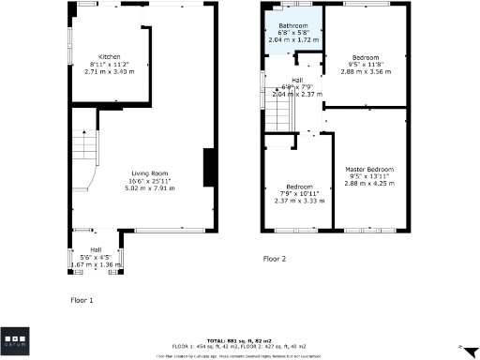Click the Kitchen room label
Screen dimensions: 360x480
(97, 55)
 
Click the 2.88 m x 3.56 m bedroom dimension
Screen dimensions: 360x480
(366, 72)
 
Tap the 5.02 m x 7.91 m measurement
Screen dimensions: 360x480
(150, 188)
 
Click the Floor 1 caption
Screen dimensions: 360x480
(82, 300)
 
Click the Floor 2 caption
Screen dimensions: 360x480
(274, 258)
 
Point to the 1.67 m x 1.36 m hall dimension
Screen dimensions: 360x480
(97, 265)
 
